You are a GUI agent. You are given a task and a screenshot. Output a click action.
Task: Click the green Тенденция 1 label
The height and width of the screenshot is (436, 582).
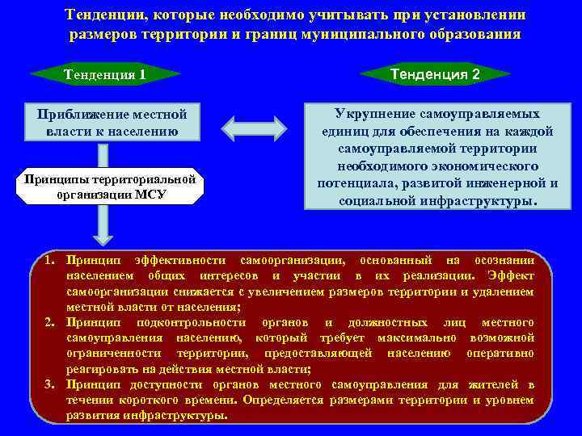(105, 76)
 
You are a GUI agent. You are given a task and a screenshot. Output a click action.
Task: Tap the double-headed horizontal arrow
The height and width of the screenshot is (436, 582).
(254, 127)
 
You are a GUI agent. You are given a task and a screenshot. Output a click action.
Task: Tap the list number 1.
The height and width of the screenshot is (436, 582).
(49, 261)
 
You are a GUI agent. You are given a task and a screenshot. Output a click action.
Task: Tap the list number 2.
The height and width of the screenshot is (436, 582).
(49, 322)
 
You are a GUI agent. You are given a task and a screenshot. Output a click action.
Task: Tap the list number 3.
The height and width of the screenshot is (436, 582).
(49, 384)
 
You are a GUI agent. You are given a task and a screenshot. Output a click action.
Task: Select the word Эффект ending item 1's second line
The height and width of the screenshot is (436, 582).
(509, 276)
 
